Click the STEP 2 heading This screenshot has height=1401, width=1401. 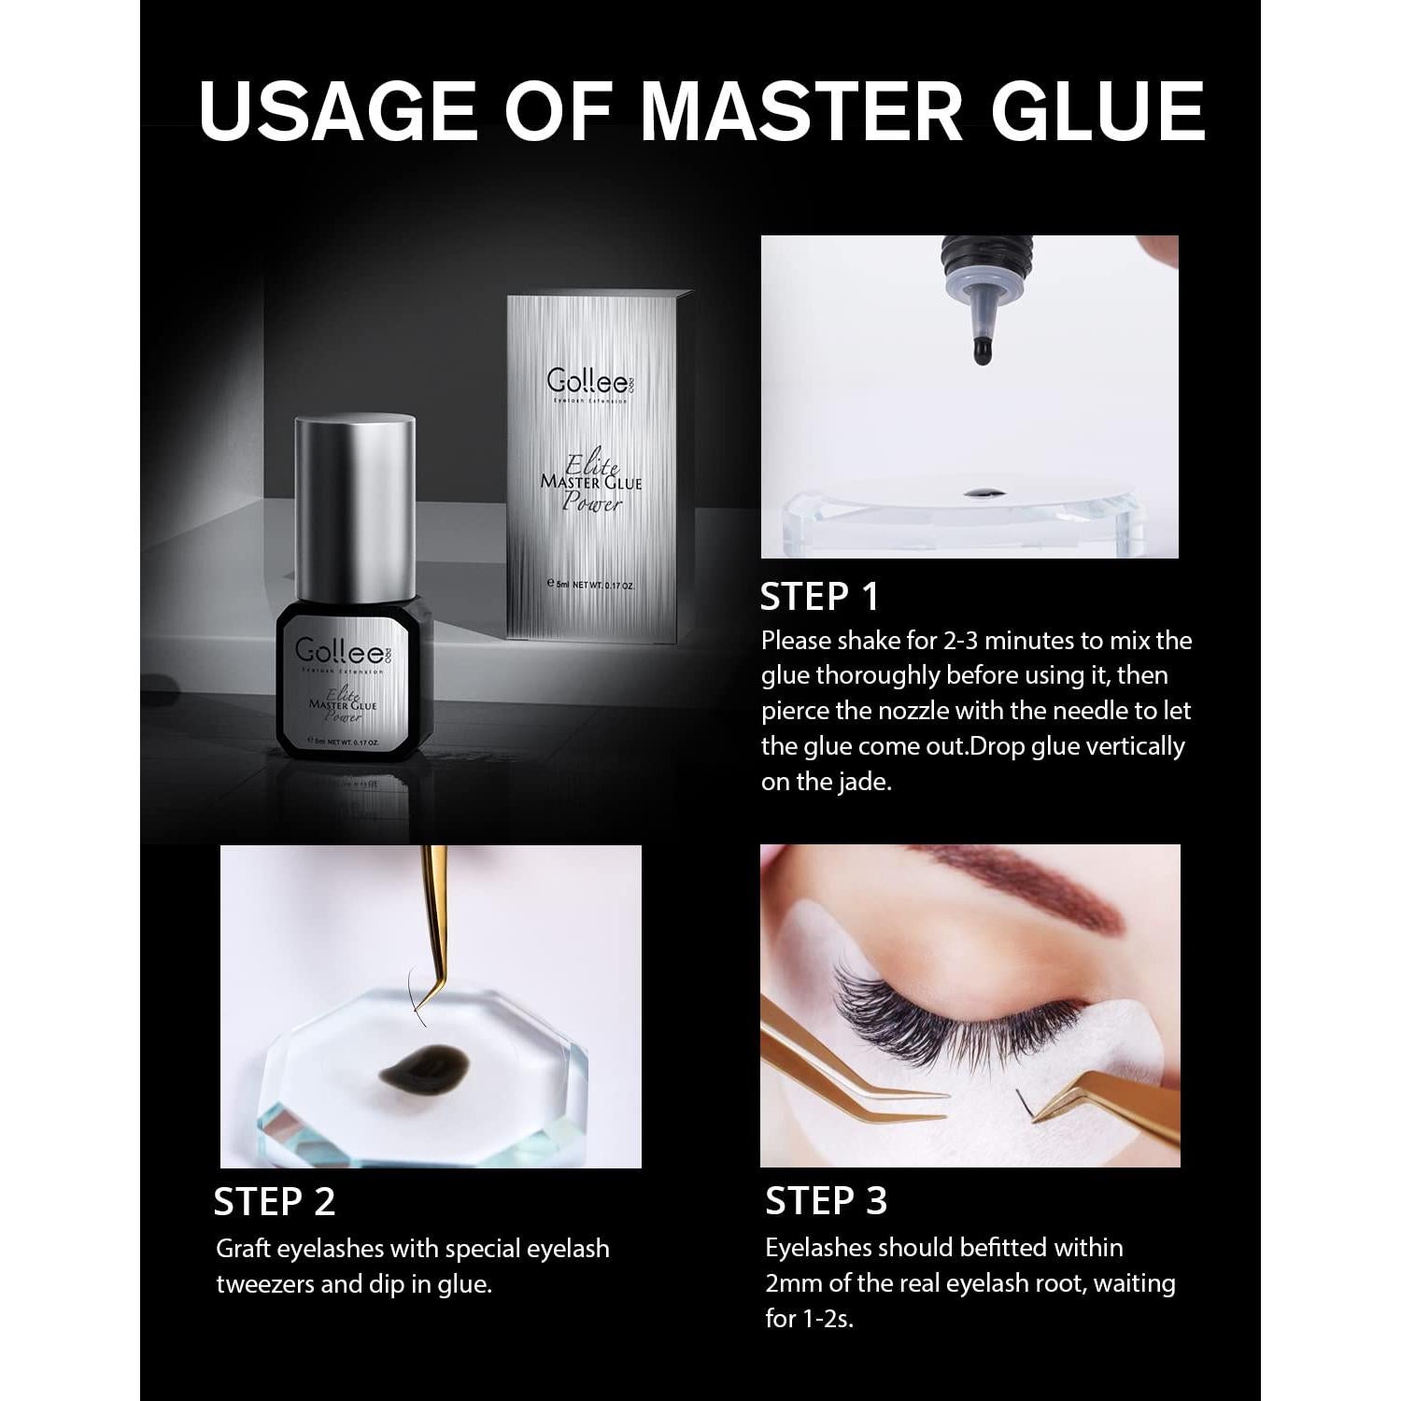point(274,1202)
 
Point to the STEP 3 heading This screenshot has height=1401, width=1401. point(826,1201)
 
